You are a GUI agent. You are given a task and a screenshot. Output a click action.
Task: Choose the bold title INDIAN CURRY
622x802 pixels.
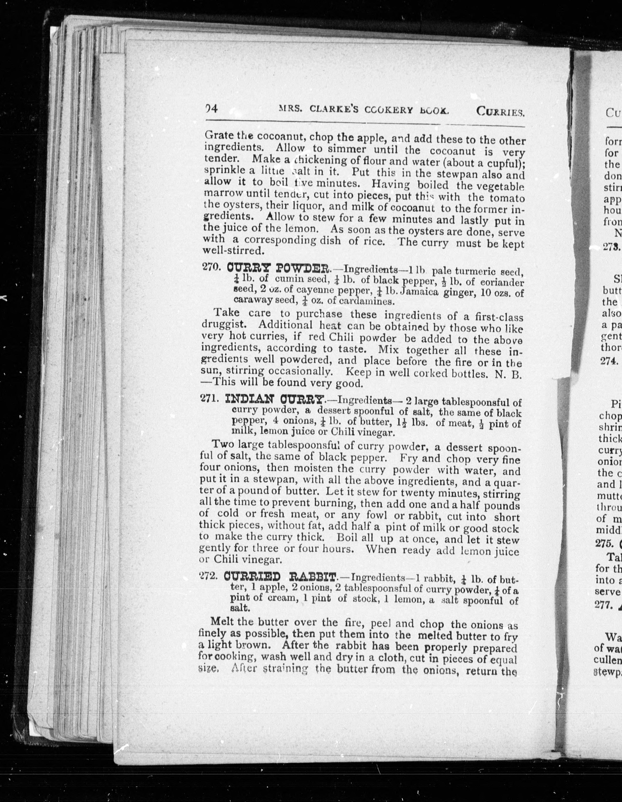click(275, 399)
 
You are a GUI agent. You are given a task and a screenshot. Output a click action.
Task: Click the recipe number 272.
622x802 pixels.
click(208, 576)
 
